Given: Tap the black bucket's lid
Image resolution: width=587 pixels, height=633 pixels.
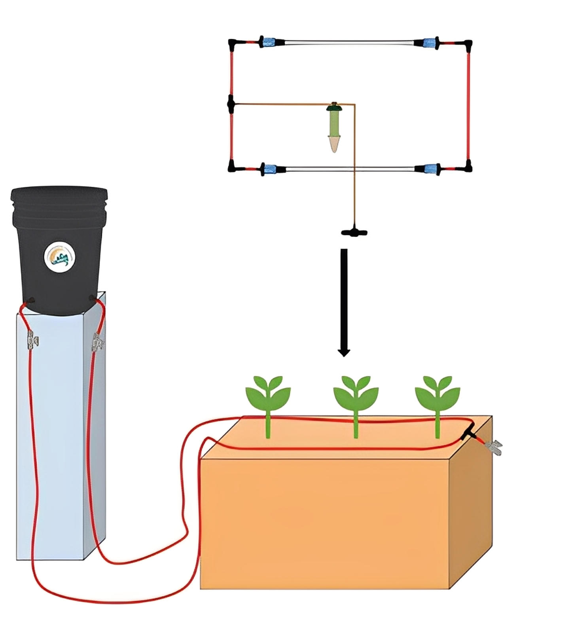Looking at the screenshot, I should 59,194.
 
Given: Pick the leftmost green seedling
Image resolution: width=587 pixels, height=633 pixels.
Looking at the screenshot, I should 268,396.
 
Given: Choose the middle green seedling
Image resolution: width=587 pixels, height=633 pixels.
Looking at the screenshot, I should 356,396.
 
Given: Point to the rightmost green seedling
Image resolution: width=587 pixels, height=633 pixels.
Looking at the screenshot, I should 437,396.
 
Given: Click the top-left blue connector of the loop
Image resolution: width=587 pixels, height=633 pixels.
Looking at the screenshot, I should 269,42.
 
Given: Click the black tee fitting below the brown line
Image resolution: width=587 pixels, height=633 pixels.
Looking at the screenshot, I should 354,232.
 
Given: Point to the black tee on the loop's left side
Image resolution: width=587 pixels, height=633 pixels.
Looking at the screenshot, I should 231,104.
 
